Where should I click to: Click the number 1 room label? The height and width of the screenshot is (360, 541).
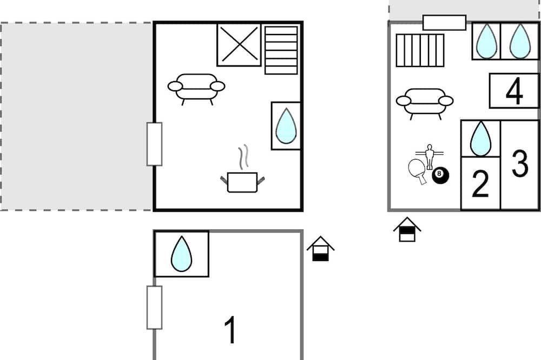(230, 330)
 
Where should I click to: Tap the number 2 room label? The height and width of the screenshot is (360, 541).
(480, 184)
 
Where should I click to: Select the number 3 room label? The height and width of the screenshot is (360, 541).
(519, 163)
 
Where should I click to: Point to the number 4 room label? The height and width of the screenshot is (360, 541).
(514, 91)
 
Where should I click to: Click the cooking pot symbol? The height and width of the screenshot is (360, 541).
(242, 182)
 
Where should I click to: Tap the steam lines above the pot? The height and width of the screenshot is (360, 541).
(243, 157)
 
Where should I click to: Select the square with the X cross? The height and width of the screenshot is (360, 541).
(239, 44)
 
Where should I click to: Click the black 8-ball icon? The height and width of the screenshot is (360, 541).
(440, 175)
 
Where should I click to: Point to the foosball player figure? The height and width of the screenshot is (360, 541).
(429, 157)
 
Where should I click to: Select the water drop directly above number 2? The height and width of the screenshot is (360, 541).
(480, 138)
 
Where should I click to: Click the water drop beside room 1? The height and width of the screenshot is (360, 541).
(181, 254)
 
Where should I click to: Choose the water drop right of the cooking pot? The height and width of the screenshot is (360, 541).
(286, 126)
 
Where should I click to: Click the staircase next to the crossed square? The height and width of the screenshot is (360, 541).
(281, 50)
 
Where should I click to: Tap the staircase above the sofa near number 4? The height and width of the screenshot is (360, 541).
(420, 50)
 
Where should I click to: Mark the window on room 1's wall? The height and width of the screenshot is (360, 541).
(154, 307)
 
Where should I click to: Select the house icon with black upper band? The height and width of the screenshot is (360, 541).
(407, 229)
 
